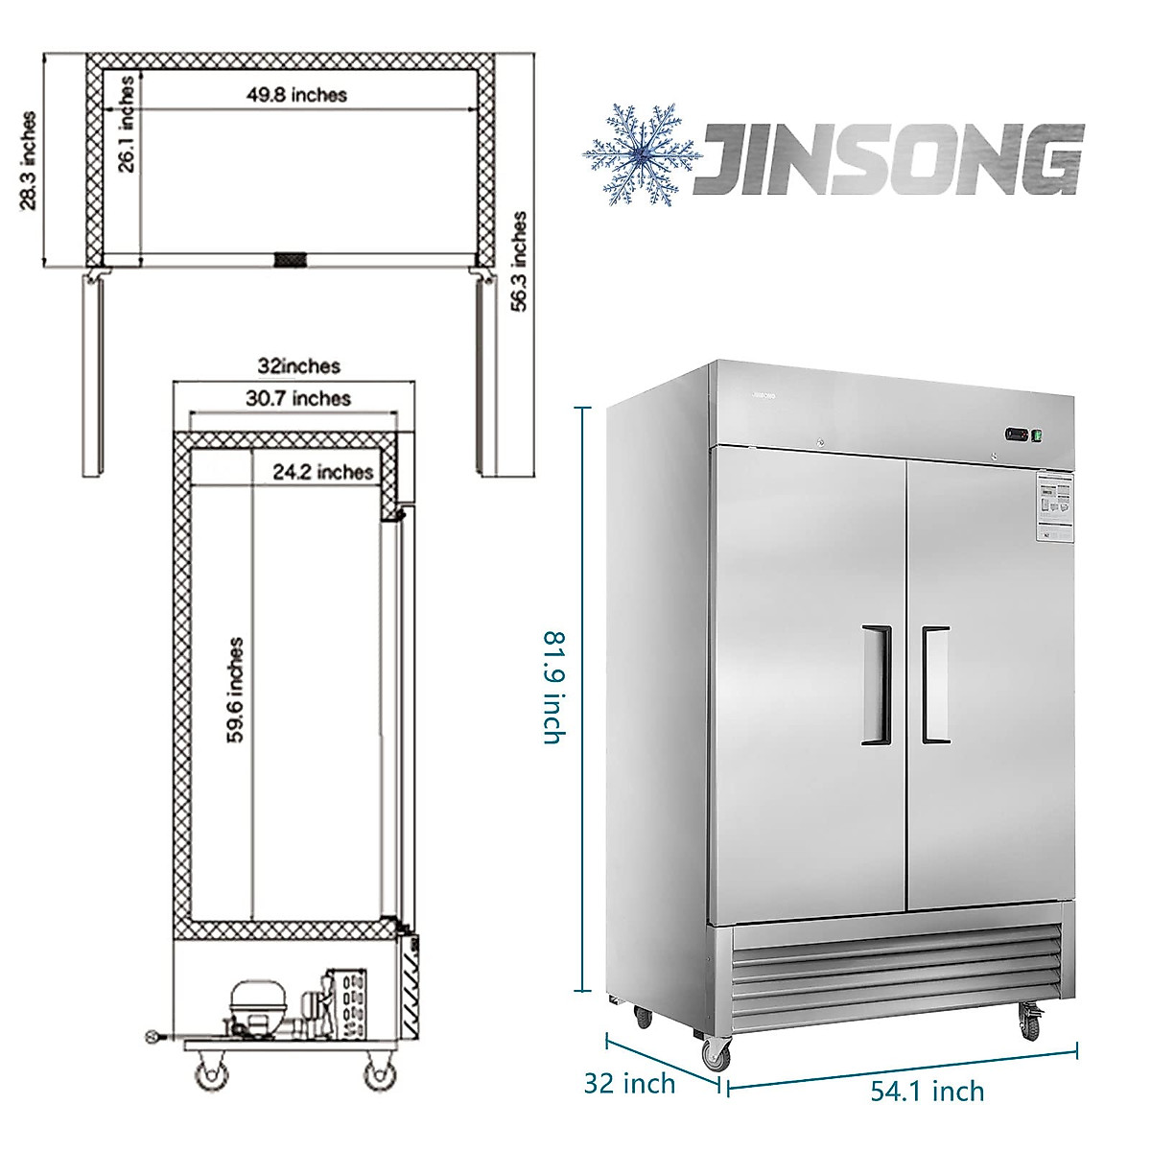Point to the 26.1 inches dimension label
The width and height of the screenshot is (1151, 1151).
pyautogui.click(x=127, y=124)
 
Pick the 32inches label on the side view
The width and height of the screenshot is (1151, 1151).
pyautogui.click(x=298, y=365)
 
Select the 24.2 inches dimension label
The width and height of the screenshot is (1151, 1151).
pyautogui.click(x=321, y=472)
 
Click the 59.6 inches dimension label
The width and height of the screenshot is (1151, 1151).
pyautogui.click(x=236, y=690)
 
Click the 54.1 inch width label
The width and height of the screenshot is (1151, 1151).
pyautogui.click(x=927, y=1091)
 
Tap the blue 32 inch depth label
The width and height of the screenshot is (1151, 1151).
pyautogui.click(x=629, y=1084)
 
